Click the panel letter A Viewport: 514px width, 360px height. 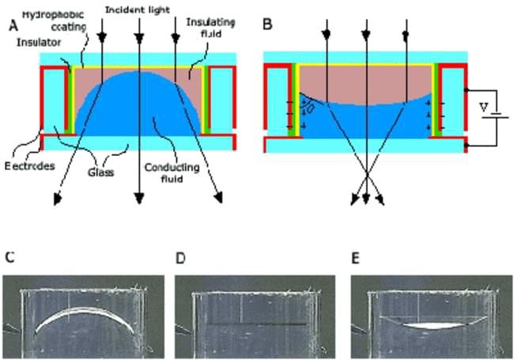[x=12, y=25]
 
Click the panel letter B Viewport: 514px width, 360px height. [x=267, y=25]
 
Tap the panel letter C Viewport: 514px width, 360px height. [x=9, y=257]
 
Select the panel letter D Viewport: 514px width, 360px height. [x=181, y=257]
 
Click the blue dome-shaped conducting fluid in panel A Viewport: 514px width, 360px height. [x=134, y=111]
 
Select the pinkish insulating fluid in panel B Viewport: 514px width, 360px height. [x=364, y=79]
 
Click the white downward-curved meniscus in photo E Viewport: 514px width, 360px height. [x=427, y=324]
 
